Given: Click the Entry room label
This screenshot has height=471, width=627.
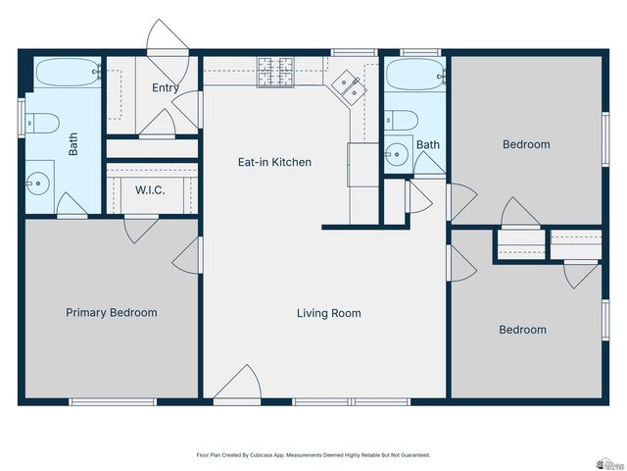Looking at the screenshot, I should click(166, 87).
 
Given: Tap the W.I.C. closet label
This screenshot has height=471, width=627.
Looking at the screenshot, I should click(150, 189).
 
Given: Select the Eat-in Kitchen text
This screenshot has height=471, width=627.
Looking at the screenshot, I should click(275, 162).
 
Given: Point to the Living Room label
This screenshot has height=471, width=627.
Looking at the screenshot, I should click(329, 314).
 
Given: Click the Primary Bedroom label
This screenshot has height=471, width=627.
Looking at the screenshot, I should click(111, 313).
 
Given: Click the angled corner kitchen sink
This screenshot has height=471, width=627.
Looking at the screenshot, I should click(347, 87).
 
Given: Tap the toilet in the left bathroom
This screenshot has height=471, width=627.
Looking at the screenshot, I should click(44, 123).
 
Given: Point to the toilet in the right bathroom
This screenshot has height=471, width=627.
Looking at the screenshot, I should click(403, 121).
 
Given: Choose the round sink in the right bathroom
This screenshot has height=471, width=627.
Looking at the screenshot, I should click(396, 154).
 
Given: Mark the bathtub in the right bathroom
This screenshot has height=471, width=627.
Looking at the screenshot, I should click(414, 75).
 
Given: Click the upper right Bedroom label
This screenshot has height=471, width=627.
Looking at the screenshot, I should click(526, 144).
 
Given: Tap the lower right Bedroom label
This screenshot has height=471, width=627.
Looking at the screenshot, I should click(522, 330).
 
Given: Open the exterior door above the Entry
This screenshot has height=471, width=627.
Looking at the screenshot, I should click(164, 39).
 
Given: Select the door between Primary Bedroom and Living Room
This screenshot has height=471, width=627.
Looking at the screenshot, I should click(187, 257).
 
